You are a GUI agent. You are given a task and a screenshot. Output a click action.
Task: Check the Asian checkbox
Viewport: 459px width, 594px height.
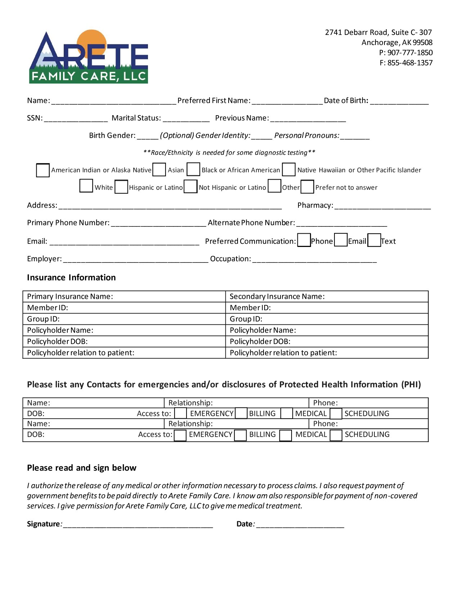159,170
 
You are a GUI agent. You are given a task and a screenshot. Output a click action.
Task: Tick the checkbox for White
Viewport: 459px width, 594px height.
86,186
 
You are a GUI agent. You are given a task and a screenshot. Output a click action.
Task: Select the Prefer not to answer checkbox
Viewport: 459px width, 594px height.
307,187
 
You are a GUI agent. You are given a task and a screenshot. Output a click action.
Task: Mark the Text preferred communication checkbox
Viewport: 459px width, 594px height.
374,240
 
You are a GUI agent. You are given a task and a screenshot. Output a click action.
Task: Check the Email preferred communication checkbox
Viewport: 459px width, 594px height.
341,240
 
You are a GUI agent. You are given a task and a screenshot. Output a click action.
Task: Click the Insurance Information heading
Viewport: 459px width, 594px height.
71,278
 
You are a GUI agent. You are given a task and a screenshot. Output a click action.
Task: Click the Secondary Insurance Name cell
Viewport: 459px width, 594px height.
327,297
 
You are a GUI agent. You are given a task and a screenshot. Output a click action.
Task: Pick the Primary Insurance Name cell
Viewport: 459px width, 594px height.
124,297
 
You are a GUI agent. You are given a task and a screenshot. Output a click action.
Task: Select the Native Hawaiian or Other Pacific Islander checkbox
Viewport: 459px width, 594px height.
288,169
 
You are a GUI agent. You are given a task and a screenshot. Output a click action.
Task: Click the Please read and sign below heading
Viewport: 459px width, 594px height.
82,468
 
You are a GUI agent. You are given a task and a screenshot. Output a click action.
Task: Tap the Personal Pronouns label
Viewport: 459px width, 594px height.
306,136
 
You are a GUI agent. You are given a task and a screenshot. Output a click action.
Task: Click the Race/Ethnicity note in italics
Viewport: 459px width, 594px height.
229,153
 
